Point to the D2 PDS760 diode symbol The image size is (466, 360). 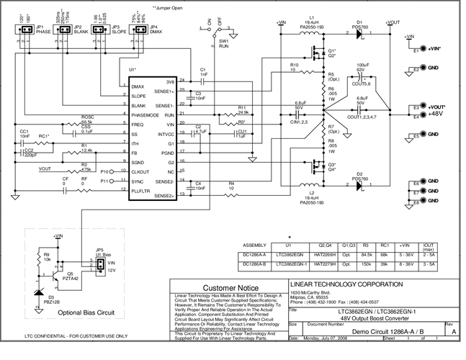[x=358, y=183]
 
